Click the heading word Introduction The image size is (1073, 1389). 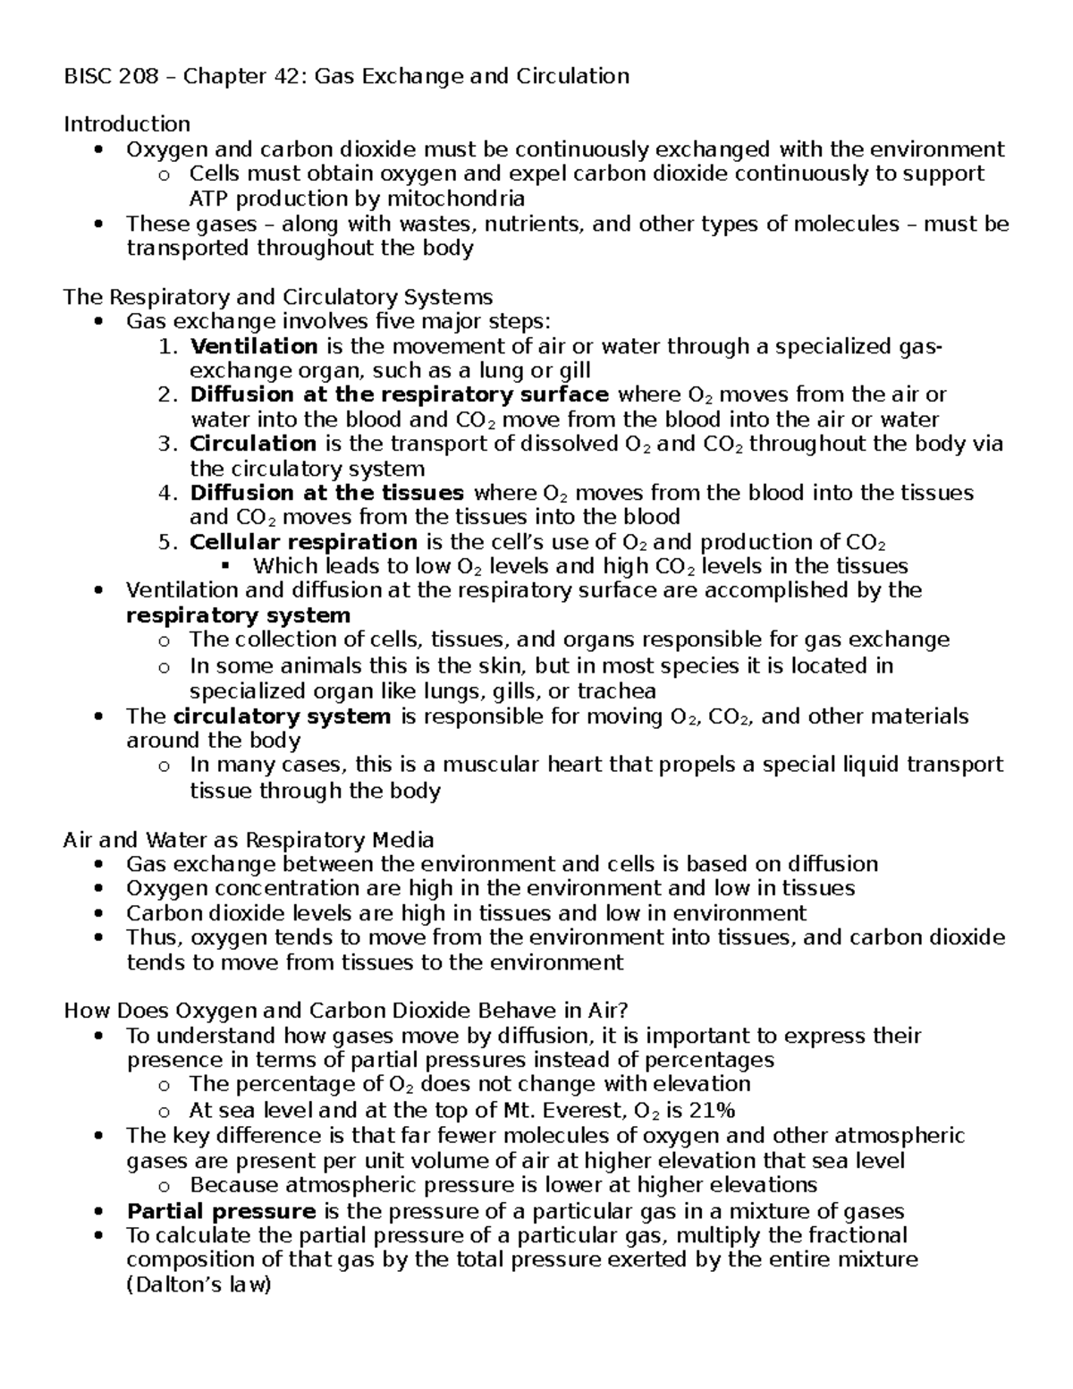click(126, 123)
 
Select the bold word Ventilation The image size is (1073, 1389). click(254, 346)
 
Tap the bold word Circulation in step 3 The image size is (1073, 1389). click(253, 444)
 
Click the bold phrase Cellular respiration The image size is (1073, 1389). click(303, 542)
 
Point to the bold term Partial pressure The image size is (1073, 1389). click(221, 1211)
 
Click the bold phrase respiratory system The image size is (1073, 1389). click(238, 615)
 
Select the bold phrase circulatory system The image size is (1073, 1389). click(282, 716)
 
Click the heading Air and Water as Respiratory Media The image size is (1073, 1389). click(249, 840)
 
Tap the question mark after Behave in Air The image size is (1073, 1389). click(623, 1010)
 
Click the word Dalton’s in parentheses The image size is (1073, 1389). click(181, 1285)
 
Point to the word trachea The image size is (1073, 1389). click(616, 691)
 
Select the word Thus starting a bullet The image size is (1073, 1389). click(153, 937)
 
